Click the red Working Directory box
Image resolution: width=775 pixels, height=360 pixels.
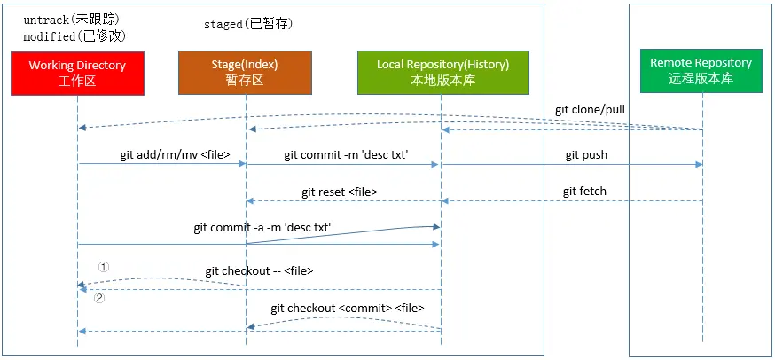(x=78, y=74)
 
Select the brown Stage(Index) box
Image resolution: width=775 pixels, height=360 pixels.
(x=245, y=72)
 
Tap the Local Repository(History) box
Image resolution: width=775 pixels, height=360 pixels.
(x=443, y=72)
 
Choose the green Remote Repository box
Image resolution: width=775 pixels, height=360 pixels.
(x=701, y=71)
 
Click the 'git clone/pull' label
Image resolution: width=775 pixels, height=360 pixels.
(x=591, y=110)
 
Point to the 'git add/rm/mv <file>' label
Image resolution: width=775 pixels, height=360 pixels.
(x=175, y=155)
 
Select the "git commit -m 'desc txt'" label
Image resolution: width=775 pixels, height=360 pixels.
(x=346, y=155)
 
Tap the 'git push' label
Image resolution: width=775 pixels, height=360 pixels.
(x=586, y=155)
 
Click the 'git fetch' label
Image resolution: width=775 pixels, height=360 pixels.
(x=584, y=191)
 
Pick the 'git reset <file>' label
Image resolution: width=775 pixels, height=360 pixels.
(x=340, y=192)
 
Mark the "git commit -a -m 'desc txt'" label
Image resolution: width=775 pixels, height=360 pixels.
(x=262, y=228)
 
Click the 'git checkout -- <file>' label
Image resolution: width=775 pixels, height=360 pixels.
(x=259, y=271)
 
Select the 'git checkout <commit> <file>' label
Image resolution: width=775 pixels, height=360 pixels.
(x=348, y=308)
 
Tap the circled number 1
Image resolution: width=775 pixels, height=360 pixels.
(x=103, y=267)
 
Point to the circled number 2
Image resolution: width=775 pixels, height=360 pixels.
(x=99, y=299)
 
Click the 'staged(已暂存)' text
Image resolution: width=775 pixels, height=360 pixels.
(x=248, y=24)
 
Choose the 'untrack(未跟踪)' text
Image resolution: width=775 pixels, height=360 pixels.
(x=72, y=20)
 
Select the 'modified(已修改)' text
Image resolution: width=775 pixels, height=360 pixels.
(x=74, y=36)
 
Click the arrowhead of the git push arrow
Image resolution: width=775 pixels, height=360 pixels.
(x=699, y=164)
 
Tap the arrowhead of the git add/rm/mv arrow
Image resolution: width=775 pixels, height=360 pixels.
(x=243, y=164)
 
